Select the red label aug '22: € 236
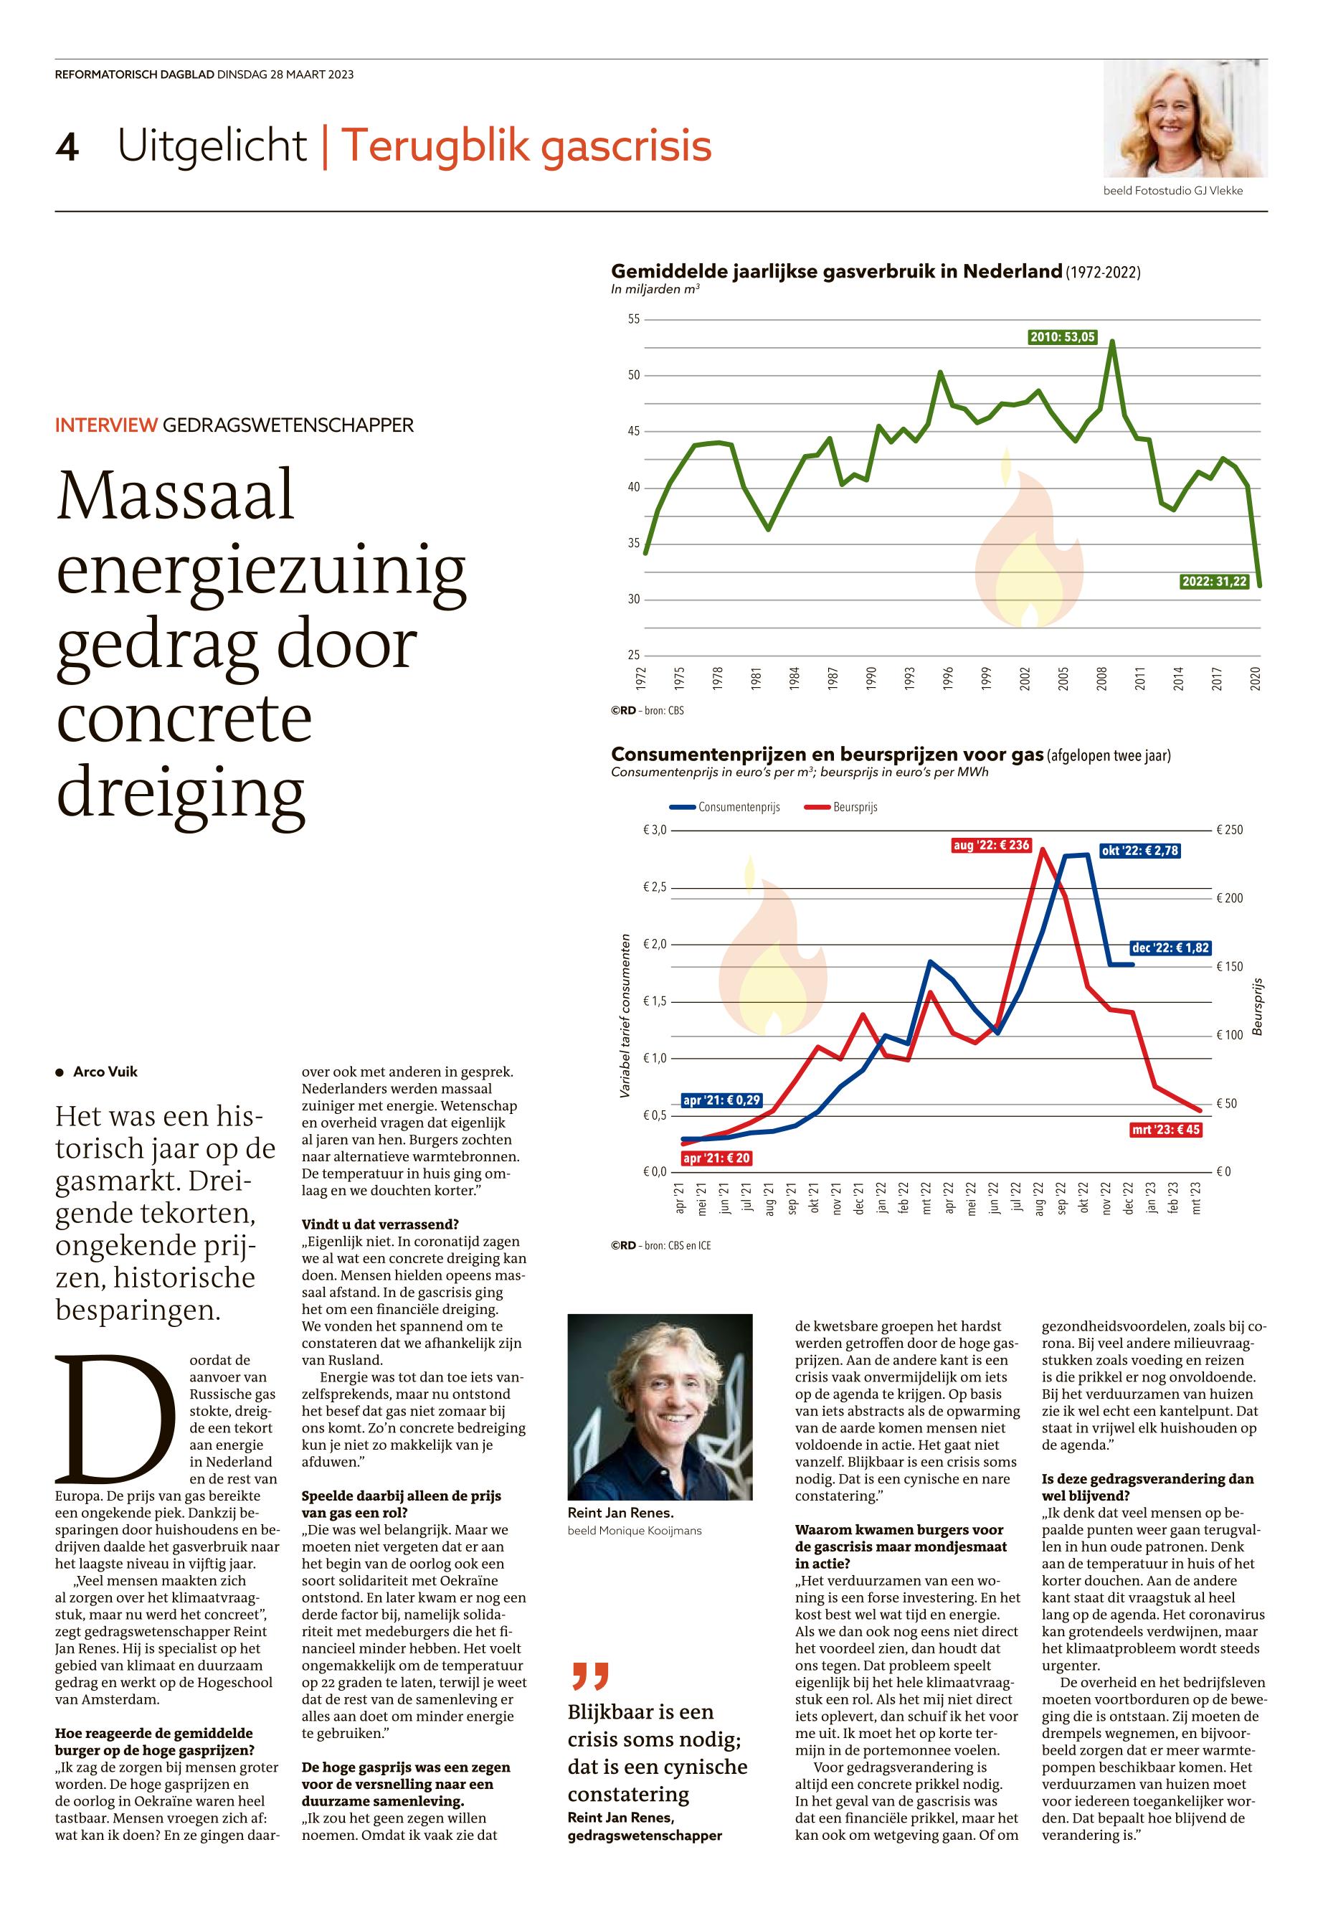pos(990,846)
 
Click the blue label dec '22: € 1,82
pos(1170,948)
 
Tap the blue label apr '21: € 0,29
pos(721,1100)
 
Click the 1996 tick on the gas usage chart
pos(947,679)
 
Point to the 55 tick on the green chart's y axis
pos(633,319)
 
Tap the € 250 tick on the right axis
pos(1229,830)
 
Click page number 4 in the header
pos(66,148)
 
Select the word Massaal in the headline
pos(176,496)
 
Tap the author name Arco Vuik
pos(105,1072)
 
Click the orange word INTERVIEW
pos(105,425)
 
